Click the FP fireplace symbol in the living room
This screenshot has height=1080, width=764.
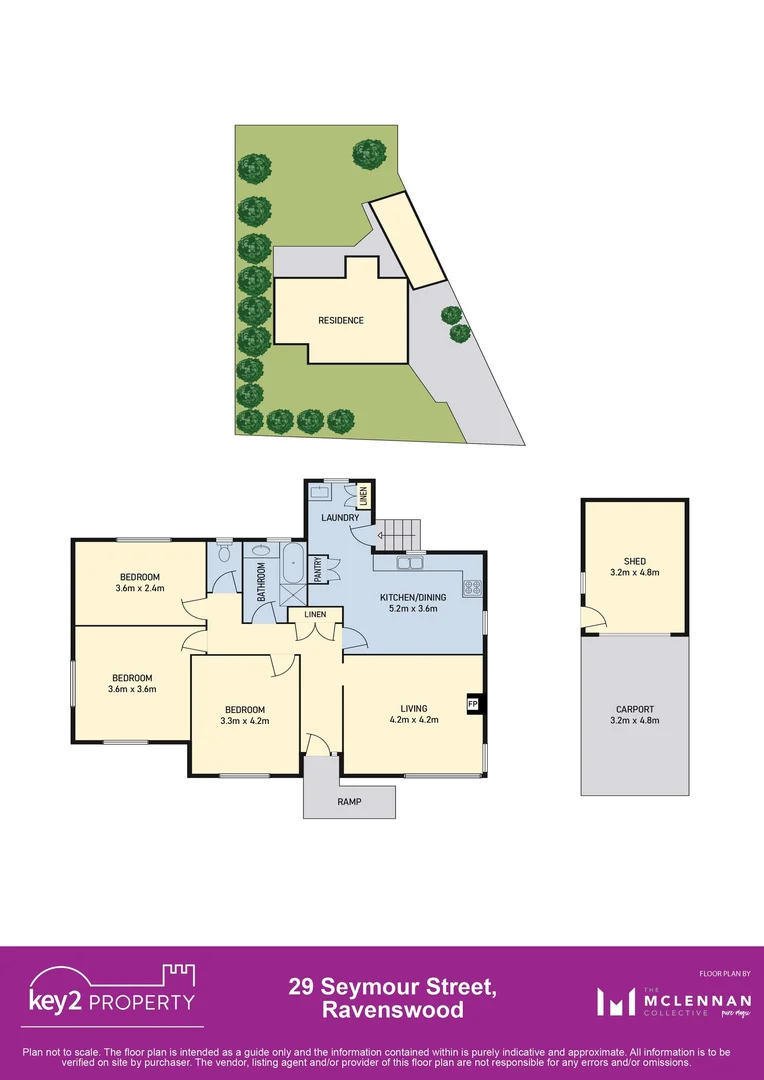pos(472,704)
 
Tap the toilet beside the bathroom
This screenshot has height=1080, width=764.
pos(223,552)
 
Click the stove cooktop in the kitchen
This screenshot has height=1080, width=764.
pos(472,589)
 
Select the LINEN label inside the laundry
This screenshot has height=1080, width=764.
pos(363,494)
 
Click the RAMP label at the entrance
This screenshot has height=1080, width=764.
pos(349,802)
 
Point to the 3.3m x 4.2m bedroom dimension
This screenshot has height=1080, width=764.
pos(244,720)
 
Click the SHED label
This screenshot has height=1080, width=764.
pos(635,561)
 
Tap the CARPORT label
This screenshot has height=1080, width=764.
pos(635,708)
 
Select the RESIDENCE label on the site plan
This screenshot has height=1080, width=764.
pos(341,321)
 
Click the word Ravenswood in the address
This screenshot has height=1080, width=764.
pos(392,1010)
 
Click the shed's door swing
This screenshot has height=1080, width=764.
pos(593,622)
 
